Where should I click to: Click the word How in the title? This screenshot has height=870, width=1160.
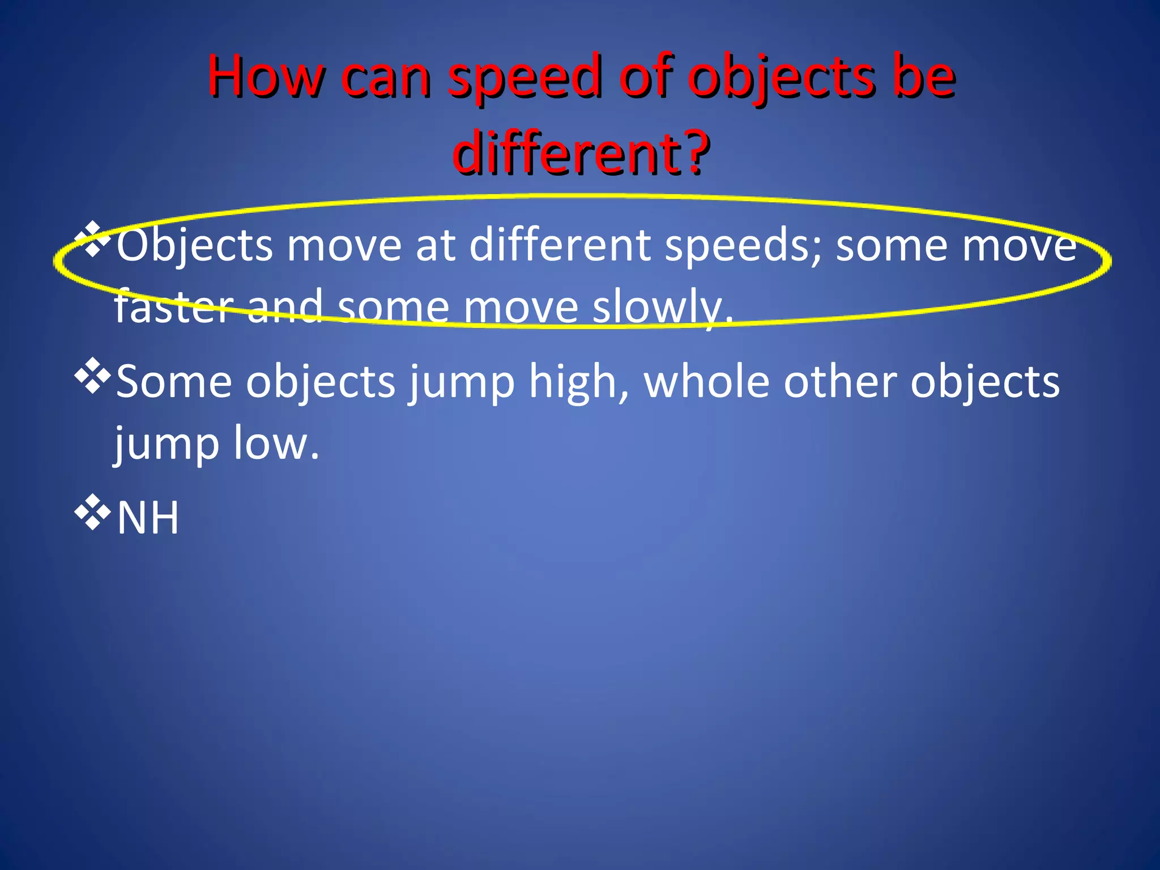point(266,76)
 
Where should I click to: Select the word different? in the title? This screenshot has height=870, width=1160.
point(581,153)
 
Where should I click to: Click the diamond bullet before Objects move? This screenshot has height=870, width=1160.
point(92,238)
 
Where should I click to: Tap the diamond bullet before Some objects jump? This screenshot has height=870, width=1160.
point(92,376)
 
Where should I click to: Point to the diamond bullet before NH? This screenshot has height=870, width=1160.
point(92,512)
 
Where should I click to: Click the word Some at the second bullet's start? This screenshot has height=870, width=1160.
point(173,382)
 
